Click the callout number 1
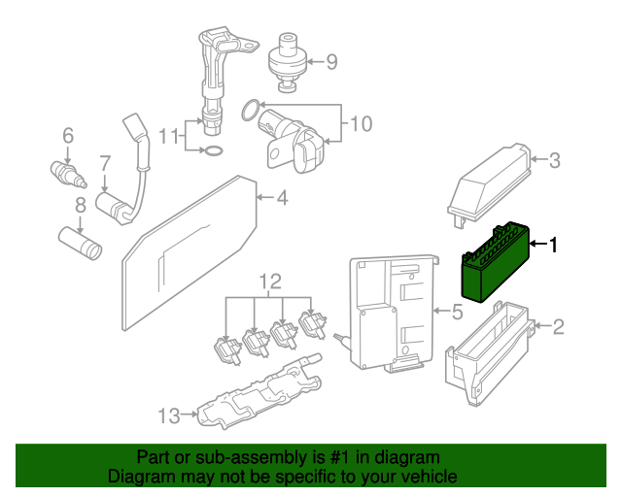pos(554,246)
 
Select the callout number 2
pos(558,326)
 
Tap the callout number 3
pos(554,161)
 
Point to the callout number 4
pos(282,199)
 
